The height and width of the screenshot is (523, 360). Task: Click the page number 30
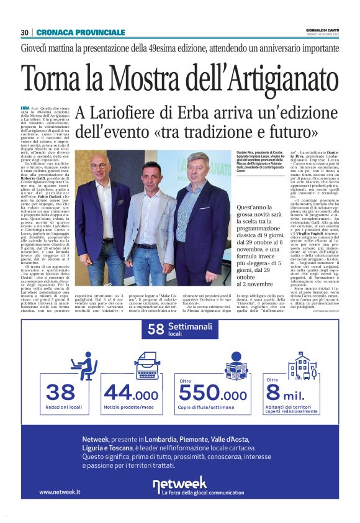pos(25,32)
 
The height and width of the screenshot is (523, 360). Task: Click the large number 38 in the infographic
pos(60,393)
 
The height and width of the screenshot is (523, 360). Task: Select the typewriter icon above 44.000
pos(148,365)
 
